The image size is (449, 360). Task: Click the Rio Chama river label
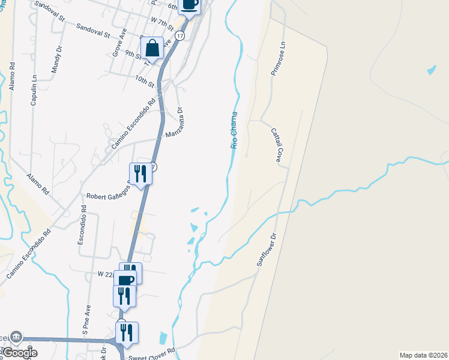click(x=234, y=130)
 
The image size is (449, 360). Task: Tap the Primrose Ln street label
click(x=284, y=59)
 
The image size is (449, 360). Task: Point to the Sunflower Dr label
click(x=268, y=249)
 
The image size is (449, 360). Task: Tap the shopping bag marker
click(x=152, y=47)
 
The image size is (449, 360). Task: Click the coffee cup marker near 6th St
click(x=190, y=5)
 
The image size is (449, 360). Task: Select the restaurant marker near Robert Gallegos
click(x=140, y=173)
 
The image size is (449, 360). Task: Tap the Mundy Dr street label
click(x=56, y=58)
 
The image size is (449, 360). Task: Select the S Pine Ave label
click(x=86, y=319)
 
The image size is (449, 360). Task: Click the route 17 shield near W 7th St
click(x=180, y=37)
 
